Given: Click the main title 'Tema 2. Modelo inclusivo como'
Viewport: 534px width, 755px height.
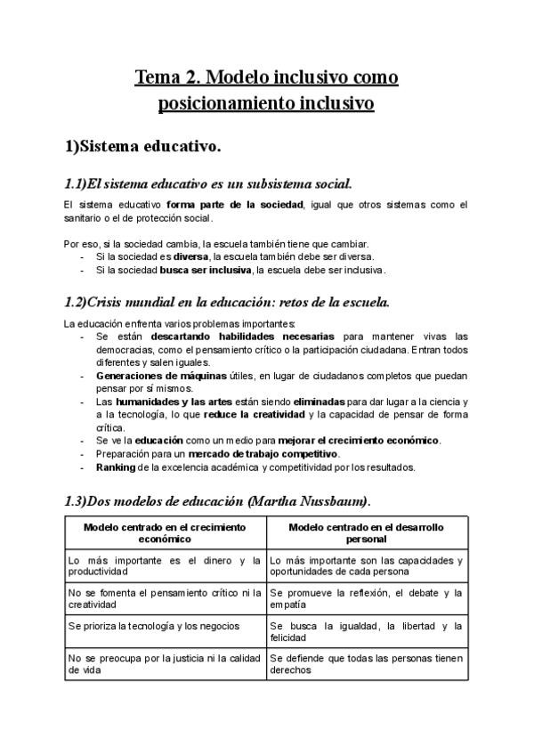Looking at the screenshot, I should pos(266,77).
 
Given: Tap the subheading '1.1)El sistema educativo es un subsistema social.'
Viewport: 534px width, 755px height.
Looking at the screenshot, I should pos(208,184).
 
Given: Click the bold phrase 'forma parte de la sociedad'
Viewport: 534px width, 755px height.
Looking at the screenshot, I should pos(234,205).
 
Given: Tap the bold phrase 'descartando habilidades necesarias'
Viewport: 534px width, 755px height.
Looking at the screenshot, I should pos(243,337).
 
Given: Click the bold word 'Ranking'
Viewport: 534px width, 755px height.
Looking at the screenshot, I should pos(114,467).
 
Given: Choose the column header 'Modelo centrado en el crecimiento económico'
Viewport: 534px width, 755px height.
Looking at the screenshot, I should pos(165,532).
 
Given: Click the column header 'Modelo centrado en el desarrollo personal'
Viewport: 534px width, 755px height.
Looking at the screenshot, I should pos(366,532).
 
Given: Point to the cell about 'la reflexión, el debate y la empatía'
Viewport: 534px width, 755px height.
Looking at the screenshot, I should pos(366,598).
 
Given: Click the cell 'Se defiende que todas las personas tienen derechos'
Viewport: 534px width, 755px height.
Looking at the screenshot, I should pos(366,664).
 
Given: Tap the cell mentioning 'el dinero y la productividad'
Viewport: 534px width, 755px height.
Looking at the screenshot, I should pos(165,566).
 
